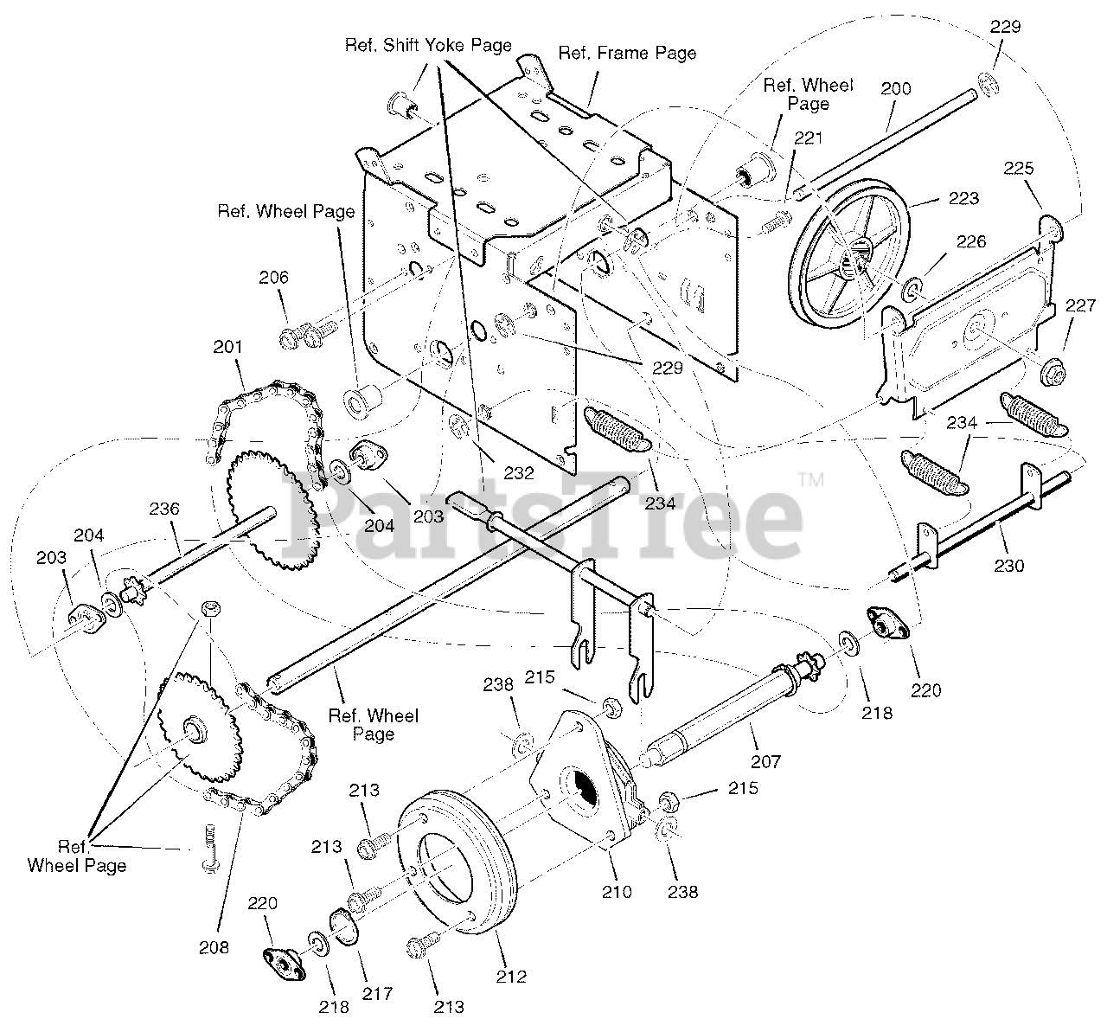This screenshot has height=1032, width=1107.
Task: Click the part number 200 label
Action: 895,88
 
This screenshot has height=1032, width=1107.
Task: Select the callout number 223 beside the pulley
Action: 964,198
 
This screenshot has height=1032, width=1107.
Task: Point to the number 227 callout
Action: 1080,305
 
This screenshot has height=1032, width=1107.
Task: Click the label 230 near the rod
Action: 1008,566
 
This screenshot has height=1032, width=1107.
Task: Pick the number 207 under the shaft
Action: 766,761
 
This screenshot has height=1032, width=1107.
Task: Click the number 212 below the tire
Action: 511,978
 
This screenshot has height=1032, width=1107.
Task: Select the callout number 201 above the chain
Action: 227,347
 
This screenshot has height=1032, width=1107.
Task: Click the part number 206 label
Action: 273,278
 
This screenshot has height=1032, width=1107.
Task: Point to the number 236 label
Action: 163,509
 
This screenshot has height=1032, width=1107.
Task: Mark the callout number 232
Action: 519,473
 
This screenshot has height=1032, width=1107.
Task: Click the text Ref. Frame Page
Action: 627,53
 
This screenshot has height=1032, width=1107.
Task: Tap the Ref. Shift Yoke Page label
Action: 428,45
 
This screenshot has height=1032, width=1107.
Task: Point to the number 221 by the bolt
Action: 809,138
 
